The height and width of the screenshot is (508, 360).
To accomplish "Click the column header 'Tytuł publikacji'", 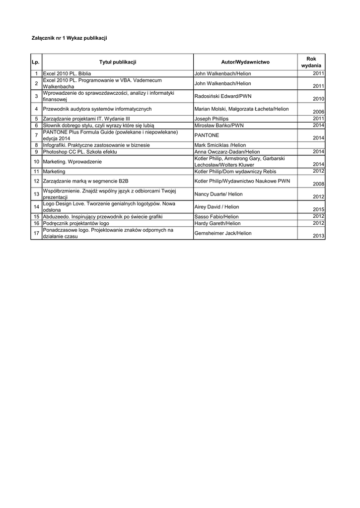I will (118, 62).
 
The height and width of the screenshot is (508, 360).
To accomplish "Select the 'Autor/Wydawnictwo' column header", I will (245, 62).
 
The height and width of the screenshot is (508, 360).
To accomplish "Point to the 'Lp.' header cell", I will (35, 62).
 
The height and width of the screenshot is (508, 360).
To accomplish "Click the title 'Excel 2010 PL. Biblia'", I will (67, 73).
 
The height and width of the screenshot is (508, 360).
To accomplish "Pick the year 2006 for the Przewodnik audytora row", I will (318, 112).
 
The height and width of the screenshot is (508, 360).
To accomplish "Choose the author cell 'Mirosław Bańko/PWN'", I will (219, 126).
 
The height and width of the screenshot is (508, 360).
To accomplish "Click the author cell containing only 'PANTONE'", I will (207, 135).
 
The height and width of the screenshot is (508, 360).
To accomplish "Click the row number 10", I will (36, 162).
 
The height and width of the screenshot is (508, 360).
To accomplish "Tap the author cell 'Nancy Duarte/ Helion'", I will (218, 194).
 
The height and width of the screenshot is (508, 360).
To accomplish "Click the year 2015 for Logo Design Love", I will (318, 210).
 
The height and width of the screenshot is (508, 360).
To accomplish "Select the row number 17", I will (36, 233).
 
